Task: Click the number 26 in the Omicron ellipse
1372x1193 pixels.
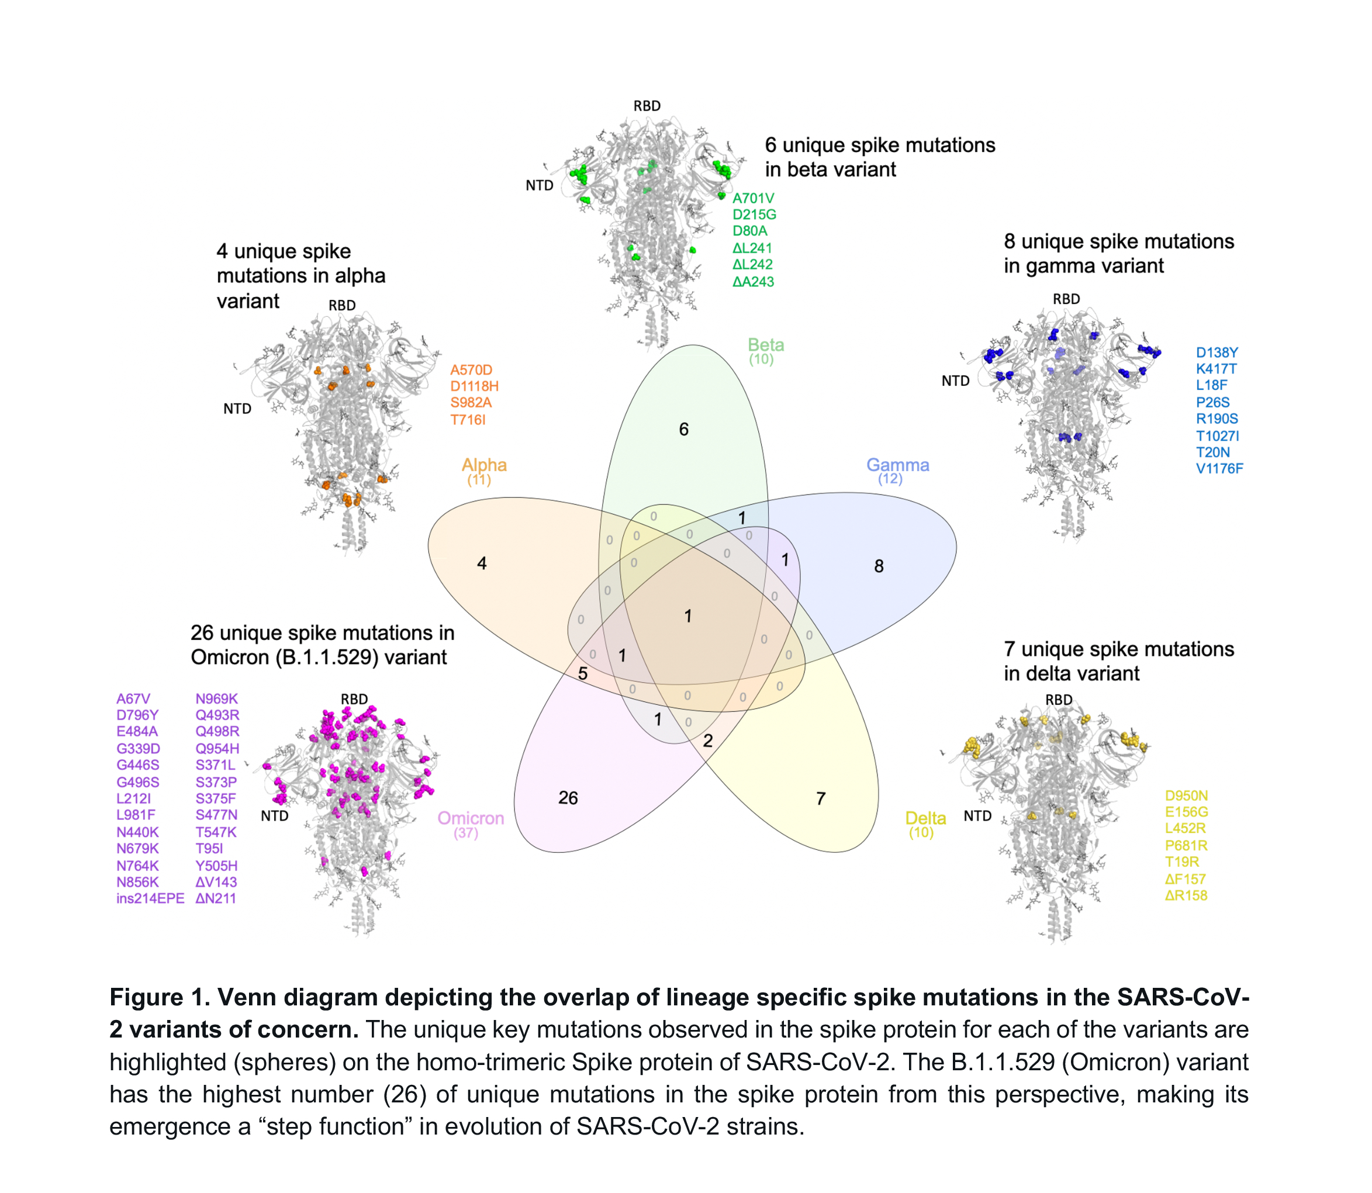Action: [568, 797]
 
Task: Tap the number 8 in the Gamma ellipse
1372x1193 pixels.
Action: [879, 566]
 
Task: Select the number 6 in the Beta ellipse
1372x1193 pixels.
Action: [684, 430]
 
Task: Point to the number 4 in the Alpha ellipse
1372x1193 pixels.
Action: [482, 563]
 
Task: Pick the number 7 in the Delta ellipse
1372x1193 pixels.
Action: [821, 798]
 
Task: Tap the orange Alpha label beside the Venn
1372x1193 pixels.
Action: [484, 465]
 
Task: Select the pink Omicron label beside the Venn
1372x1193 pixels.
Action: [471, 818]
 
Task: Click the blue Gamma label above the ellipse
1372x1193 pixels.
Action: [897, 465]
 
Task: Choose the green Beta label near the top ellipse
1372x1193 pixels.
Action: [766, 345]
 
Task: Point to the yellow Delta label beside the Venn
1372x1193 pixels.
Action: [925, 818]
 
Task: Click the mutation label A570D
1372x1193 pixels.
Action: [471, 370]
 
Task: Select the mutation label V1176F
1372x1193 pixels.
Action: [1219, 469]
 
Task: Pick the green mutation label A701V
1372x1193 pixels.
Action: [754, 198]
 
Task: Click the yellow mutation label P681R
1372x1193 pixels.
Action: [1186, 845]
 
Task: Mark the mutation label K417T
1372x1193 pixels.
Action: [1217, 369]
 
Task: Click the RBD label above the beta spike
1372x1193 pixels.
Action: [647, 106]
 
